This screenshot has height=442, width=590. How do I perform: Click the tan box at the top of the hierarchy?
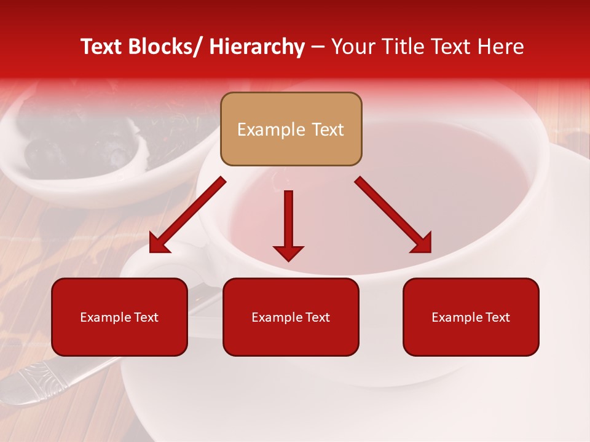point(291,129)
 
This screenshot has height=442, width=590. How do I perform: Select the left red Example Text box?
point(119,317)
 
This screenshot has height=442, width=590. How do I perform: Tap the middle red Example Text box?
point(291,317)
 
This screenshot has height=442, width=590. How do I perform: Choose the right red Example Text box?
point(471,317)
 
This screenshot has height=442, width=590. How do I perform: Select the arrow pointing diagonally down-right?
point(390,212)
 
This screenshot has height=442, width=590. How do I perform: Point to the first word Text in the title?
point(102,47)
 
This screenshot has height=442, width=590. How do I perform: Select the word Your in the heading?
point(353,47)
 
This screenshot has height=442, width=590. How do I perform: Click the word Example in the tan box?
point(271,130)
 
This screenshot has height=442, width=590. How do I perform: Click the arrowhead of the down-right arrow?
point(422,242)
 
